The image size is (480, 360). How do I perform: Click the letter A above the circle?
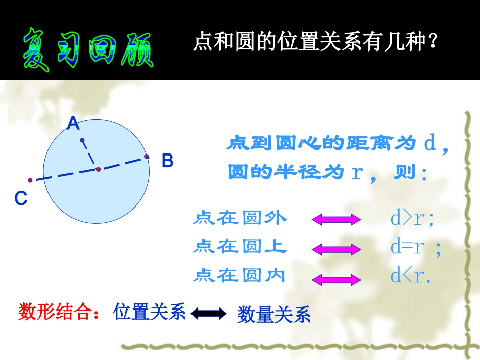(x=74, y=123)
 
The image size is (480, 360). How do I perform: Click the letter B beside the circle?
(x=167, y=161)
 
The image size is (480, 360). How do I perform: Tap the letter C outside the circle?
(x=21, y=199)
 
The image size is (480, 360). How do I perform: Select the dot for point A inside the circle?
(x=82, y=140)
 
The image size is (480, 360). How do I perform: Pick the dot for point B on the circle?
(x=147, y=157)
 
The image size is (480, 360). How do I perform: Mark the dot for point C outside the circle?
(x=30, y=180)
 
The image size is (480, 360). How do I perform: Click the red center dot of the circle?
(x=99, y=169)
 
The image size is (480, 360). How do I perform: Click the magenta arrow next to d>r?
(x=336, y=219)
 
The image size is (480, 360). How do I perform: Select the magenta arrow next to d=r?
(x=336, y=249)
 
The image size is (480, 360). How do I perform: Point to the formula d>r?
(x=412, y=218)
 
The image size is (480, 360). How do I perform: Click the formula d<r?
(x=410, y=276)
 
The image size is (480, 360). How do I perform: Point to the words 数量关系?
(x=273, y=315)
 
